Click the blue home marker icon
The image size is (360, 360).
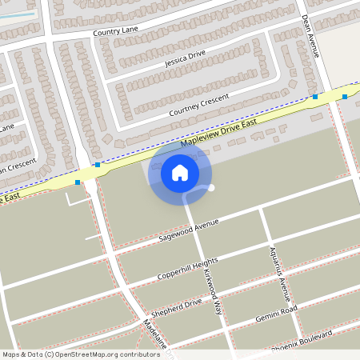[180, 172]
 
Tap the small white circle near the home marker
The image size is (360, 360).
[212, 188]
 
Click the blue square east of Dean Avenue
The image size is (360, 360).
[345, 97]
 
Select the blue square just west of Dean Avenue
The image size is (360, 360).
[315, 97]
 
